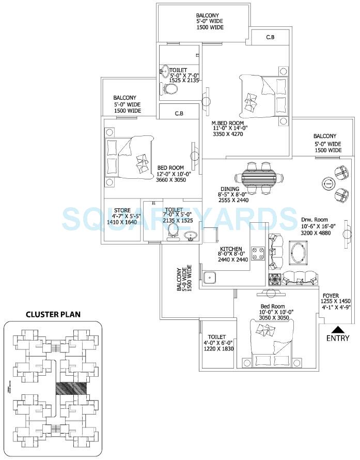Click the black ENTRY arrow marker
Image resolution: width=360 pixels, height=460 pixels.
tap(337, 329)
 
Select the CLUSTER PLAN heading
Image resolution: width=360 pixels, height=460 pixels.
tap(53, 314)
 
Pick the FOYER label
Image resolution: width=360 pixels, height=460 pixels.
tap(331, 296)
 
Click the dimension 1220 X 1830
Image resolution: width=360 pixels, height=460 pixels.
tap(217, 349)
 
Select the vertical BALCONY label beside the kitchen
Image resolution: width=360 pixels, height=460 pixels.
tap(179, 280)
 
